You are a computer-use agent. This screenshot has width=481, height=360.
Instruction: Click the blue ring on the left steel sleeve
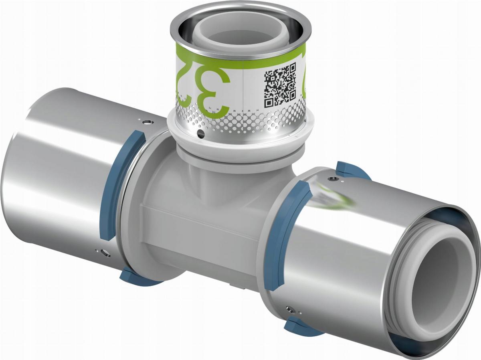tap(120, 184)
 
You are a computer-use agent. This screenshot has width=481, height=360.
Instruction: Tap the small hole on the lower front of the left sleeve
tap(105, 253)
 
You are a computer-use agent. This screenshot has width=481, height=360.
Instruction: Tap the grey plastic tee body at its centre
tap(200, 212)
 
